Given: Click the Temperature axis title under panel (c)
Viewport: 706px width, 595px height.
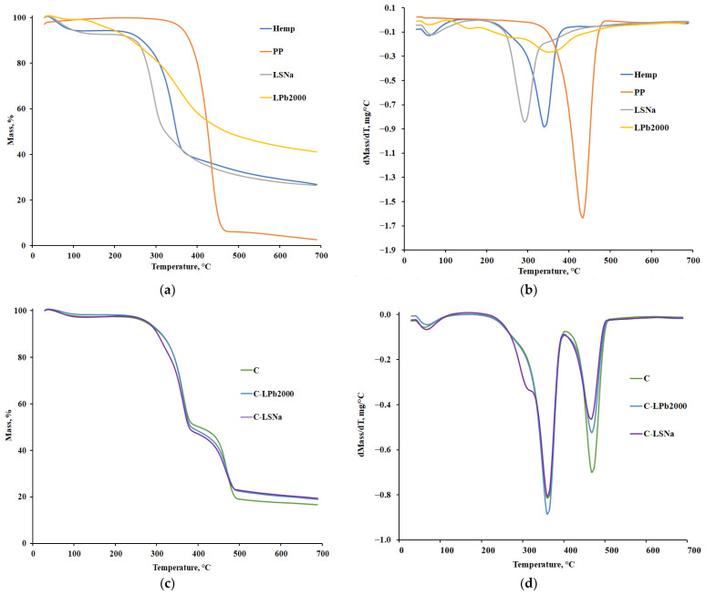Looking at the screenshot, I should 179,567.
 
